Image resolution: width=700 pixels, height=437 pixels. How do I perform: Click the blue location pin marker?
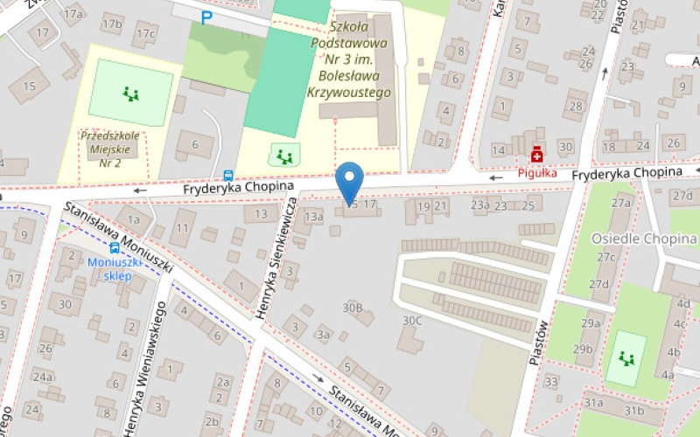click(350, 182)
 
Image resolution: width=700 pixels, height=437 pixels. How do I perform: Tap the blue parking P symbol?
click(206, 17)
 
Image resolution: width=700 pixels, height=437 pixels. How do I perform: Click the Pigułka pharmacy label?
click(536, 172)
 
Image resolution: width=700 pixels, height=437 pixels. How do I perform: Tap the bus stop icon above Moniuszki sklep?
click(115, 247)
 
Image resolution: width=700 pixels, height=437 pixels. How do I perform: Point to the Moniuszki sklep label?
click(110, 269)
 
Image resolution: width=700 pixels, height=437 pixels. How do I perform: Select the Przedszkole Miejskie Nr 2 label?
click(110, 149)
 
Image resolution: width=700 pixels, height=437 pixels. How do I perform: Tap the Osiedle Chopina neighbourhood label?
click(643, 239)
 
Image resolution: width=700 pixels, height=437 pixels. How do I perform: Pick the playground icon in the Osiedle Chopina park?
click(626, 357)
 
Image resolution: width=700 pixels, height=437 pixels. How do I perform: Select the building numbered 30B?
click(353, 308)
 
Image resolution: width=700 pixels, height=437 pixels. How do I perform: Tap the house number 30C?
click(412, 321)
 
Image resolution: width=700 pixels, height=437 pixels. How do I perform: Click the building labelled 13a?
click(314, 215)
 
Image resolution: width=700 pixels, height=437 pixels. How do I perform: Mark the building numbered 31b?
click(633, 410)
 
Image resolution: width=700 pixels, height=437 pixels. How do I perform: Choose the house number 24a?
click(43, 376)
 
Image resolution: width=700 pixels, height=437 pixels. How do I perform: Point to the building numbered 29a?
click(591, 324)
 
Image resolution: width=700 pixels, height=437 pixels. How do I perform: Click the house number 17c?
click(144, 34)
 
